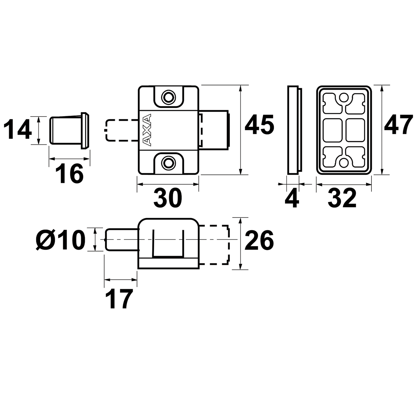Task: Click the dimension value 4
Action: tap(292, 198)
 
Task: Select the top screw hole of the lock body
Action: tap(168, 96)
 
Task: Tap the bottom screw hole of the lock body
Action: tap(168, 162)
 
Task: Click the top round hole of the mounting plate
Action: tap(343, 97)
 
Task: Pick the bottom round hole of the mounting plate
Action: tap(343, 161)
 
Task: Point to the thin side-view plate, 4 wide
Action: tap(293, 130)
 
